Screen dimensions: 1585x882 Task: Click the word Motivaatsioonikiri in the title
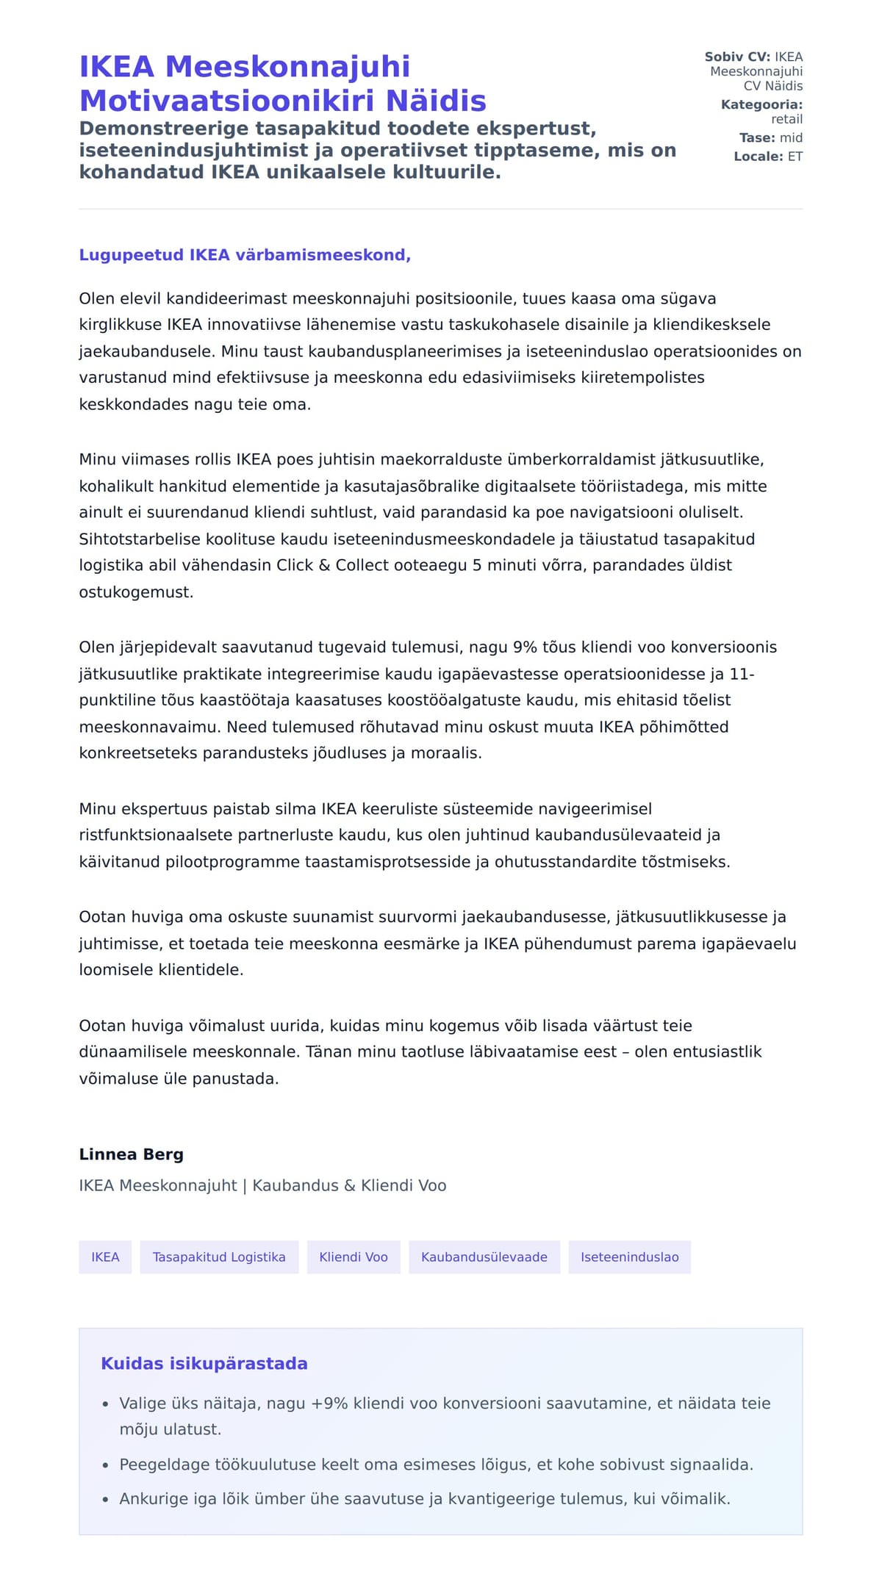[x=229, y=101]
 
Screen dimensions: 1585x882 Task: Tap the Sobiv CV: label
[x=736, y=57]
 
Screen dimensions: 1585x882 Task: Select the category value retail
[x=786, y=119]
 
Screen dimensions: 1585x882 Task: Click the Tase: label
[x=757, y=137]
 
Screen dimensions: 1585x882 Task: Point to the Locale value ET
[x=795, y=157]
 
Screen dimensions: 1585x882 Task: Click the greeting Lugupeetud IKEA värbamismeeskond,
[x=245, y=255]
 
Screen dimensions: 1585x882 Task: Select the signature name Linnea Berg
[x=131, y=1154]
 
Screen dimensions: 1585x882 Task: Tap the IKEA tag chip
[x=105, y=1257]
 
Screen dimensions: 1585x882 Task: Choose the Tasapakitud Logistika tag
[x=219, y=1257]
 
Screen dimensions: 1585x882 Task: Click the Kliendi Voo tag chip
[x=354, y=1257]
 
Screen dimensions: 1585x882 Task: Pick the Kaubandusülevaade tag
[x=484, y=1257]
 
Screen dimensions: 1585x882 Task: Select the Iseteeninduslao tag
[x=630, y=1257]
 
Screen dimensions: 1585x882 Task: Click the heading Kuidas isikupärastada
[x=204, y=1363]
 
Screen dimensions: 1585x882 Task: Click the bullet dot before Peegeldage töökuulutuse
[x=105, y=1464]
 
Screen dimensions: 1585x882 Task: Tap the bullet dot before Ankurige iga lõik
[x=105, y=1499]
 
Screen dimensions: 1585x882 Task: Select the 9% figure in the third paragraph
[x=525, y=647]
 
